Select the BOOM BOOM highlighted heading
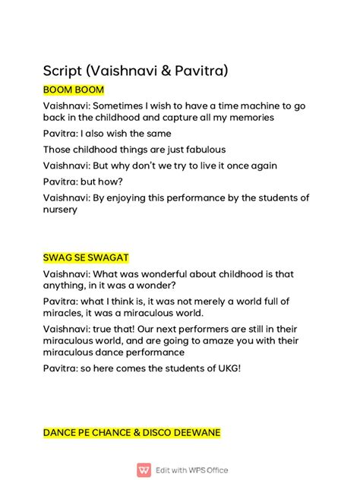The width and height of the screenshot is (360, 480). (x=74, y=90)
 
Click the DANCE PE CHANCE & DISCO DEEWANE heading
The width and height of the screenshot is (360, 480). (x=131, y=432)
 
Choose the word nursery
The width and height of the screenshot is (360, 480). (x=60, y=210)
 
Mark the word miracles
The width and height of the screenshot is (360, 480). (x=66, y=313)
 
